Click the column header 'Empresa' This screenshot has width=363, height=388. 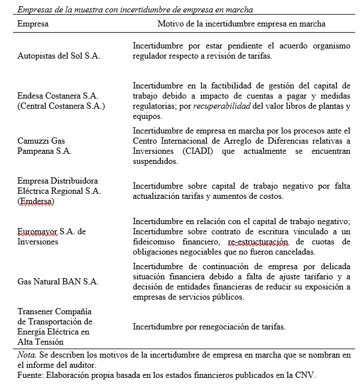click(33, 24)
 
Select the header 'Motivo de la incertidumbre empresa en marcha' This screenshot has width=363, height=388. click(241, 24)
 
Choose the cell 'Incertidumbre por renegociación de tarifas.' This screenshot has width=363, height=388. click(209, 327)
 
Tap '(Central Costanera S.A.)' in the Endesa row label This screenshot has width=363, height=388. click(61, 105)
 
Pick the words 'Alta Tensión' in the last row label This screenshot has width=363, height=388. click(41, 341)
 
